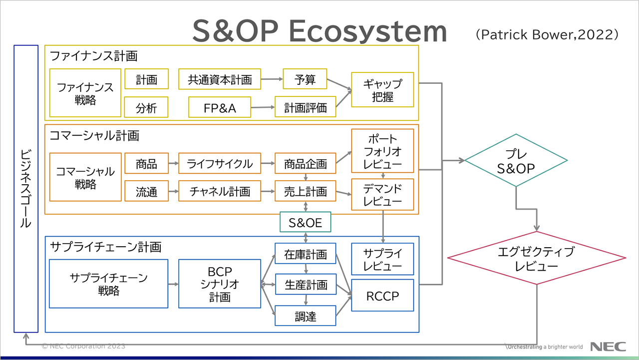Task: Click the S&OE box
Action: tap(305, 223)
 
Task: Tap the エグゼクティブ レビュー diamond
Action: tap(537, 258)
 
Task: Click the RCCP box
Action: tap(382, 296)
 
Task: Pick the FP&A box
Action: tap(220, 107)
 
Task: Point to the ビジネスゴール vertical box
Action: tap(26, 189)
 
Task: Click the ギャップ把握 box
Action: tap(382, 90)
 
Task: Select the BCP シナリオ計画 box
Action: tap(220, 284)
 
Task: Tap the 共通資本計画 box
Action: tap(220, 79)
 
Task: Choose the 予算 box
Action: tap(305, 79)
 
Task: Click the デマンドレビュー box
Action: tap(382, 194)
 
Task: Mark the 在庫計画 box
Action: tap(305, 254)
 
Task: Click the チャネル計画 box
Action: tap(220, 191)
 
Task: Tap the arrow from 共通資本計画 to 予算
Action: tap(272, 79)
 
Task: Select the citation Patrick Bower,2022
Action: tap(547, 34)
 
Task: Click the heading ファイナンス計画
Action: tap(94, 55)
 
